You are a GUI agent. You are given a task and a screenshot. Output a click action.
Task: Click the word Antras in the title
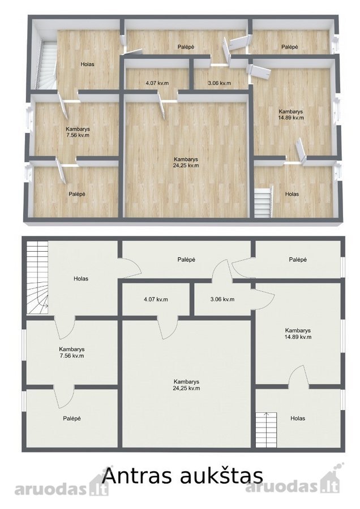tap(136, 476)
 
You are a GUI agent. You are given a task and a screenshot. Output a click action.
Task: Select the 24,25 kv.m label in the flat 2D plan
tap(186, 388)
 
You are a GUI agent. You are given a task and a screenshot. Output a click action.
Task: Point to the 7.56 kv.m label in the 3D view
tap(78, 135)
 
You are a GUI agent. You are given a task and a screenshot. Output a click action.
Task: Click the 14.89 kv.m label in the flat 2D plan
tap(298, 337)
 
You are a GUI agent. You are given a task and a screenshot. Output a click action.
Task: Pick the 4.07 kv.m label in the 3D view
tap(157, 83)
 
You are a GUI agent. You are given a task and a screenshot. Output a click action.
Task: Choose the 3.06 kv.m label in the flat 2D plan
tap(222, 299)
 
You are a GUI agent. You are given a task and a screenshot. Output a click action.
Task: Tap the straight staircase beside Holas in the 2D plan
tap(266, 429)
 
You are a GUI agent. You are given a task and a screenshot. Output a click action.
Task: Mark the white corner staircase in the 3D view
tap(46, 65)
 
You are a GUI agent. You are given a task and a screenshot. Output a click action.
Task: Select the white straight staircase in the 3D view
tap(263, 202)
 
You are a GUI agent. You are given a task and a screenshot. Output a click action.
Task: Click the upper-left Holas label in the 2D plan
tap(81, 278)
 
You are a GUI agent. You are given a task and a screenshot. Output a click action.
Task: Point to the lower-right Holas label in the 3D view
tap(292, 194)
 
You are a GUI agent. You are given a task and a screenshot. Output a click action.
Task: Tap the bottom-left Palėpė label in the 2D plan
tap(72, 419)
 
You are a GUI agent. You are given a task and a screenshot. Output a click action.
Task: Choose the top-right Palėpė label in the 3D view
tap(289, 47)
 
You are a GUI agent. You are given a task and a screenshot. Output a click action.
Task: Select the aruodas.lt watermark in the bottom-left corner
tap(61, 488)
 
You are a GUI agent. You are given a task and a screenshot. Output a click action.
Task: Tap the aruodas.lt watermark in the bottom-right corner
tap(293, 484)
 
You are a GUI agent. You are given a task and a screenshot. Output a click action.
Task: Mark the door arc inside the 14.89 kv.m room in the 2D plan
tap(299, 376)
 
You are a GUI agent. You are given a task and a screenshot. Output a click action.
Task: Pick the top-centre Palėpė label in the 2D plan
tap(186, 260)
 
